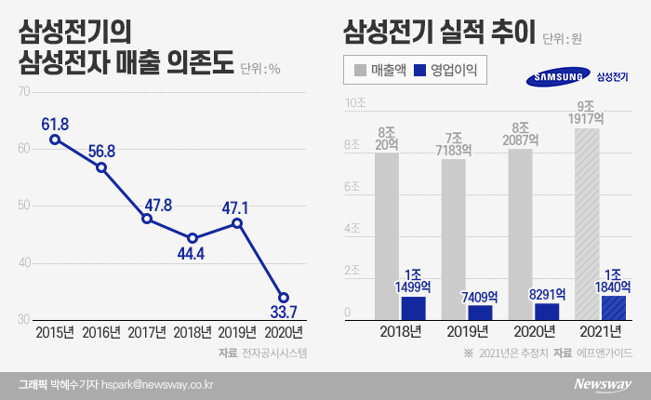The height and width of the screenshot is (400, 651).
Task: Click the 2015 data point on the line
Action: click(56, 140)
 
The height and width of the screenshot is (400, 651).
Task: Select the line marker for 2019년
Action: click(237, 223)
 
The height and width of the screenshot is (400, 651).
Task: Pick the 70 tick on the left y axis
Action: click(24, 91)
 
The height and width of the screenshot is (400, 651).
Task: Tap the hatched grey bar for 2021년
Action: click(587, 224)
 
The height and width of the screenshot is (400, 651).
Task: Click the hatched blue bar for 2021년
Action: click(613, 307)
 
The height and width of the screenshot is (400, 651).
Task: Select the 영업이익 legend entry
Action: click(446, 69)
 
